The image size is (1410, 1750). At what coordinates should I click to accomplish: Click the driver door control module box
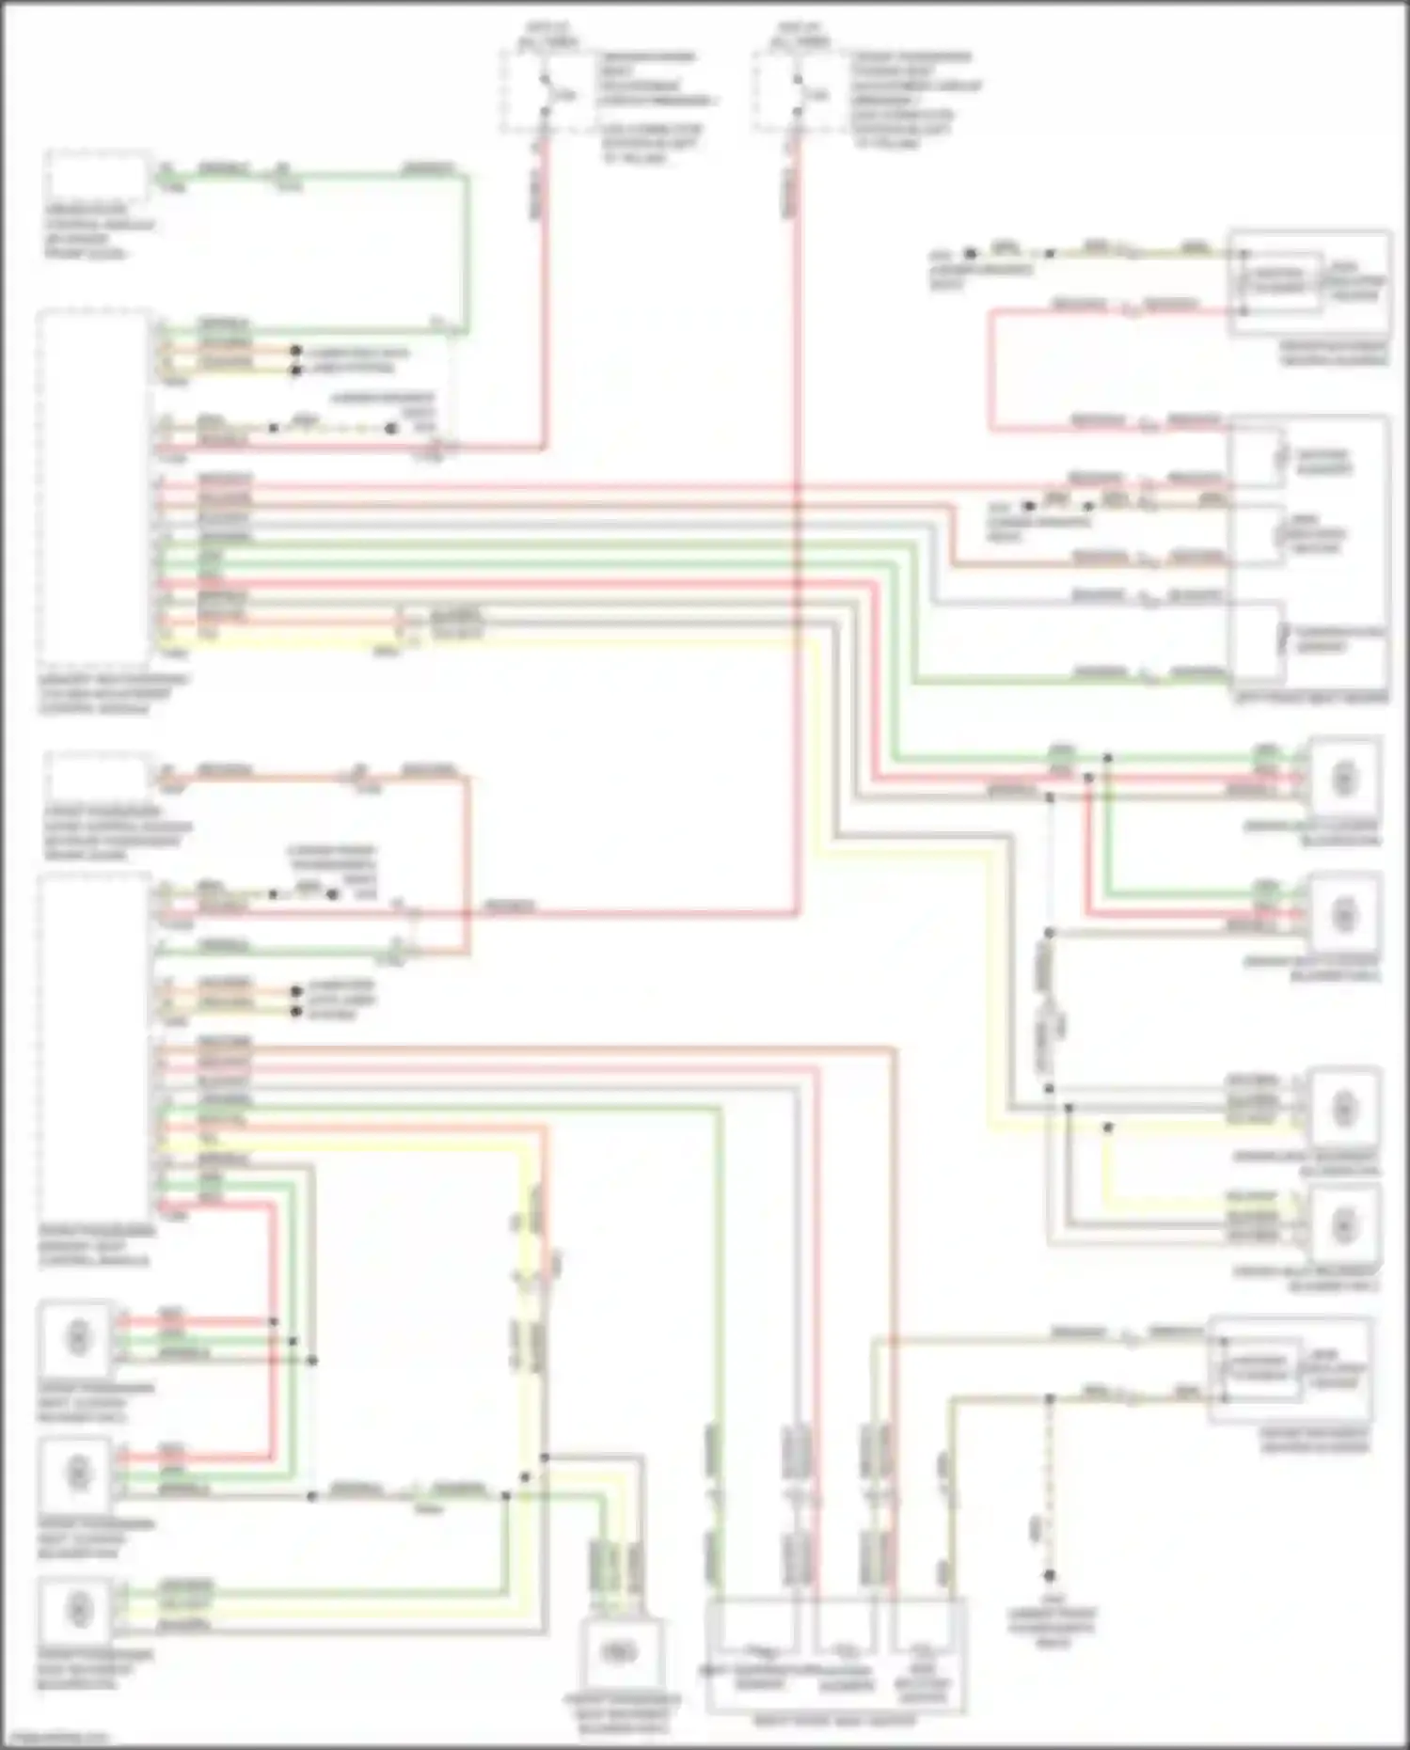click(x=97, y=176)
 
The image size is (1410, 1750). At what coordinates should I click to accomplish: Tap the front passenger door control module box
click(x=97, y=777)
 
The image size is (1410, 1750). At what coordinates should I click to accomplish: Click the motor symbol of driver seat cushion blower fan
click(x=1345, y=779)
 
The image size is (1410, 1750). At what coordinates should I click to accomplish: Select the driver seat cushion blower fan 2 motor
click(x=1345, y=914)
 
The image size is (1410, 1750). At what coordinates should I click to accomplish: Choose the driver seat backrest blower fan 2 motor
click(x=1345, y=1226)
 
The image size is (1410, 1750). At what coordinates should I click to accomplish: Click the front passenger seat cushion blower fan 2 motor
click(x=79, y=1337)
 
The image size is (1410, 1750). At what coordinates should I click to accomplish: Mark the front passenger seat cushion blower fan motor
click(x=79, y=1473)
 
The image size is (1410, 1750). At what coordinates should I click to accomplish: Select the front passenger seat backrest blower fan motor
click(x=79, y=1610)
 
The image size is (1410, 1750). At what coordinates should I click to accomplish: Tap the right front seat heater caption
click(x=834, y=1723)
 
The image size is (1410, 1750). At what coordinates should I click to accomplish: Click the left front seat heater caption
click(x=1310, y=698)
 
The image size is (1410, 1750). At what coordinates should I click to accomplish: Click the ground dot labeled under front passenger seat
click(x=1049, y=1575)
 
